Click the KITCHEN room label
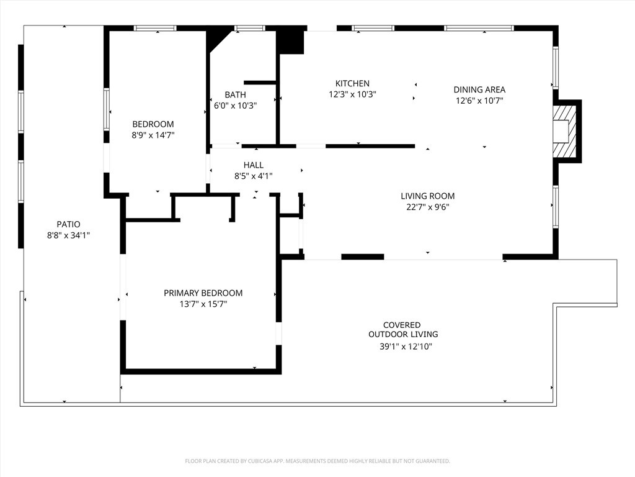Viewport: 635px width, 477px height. tap(352, 83)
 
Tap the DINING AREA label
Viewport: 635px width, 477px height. tap(479, 89)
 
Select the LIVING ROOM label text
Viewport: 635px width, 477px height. tap(427, 196)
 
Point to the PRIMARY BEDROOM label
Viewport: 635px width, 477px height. tap(203, 293)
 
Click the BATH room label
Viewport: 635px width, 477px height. tap(235, 94)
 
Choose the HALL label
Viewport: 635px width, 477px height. tap(253, 165)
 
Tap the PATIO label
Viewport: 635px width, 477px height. tap(68, 224)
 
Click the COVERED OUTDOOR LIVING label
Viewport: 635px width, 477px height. tap(402, 329)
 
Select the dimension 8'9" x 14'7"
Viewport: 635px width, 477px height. tap(153, 135)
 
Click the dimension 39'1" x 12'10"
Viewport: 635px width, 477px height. tap(406, 347)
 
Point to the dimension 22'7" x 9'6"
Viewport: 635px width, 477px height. tap(427, 207)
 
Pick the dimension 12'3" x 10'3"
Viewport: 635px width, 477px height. tap(352, 94)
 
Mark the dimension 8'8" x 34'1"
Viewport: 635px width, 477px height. tap(68, 235)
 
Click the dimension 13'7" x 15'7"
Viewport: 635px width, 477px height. tap(203, 304)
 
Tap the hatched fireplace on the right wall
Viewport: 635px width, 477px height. tap(565, 131)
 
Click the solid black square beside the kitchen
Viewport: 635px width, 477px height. tap(290, 42)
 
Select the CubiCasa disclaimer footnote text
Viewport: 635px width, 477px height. tap(317, 461)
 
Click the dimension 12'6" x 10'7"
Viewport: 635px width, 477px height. tap(479, 101)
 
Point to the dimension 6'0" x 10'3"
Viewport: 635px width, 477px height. tap(236, 106)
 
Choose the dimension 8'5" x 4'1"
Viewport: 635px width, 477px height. tap(253, 176)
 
